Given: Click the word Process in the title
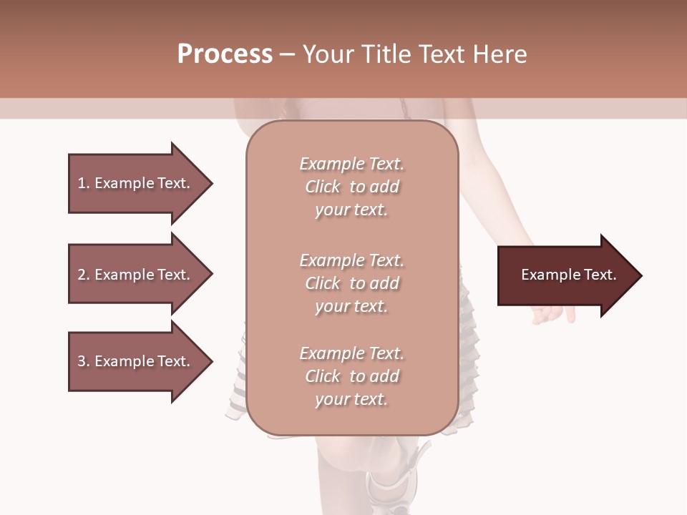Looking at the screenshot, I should pos(225,54).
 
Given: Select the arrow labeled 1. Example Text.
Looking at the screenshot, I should pos(136,183).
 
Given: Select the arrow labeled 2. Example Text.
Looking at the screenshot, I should pos(136,275).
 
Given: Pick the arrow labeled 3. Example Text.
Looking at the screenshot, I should pos(136,361).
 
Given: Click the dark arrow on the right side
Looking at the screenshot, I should pos(565,275).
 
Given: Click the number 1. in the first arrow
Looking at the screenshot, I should pos(83,183).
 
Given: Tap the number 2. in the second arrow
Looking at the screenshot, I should pos(83,275).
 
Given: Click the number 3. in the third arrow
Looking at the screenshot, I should pos(83,361).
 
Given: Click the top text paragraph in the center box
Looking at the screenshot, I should pos(351,187).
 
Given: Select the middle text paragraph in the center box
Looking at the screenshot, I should pos(351,283).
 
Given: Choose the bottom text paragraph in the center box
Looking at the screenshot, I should pos(351,376).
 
